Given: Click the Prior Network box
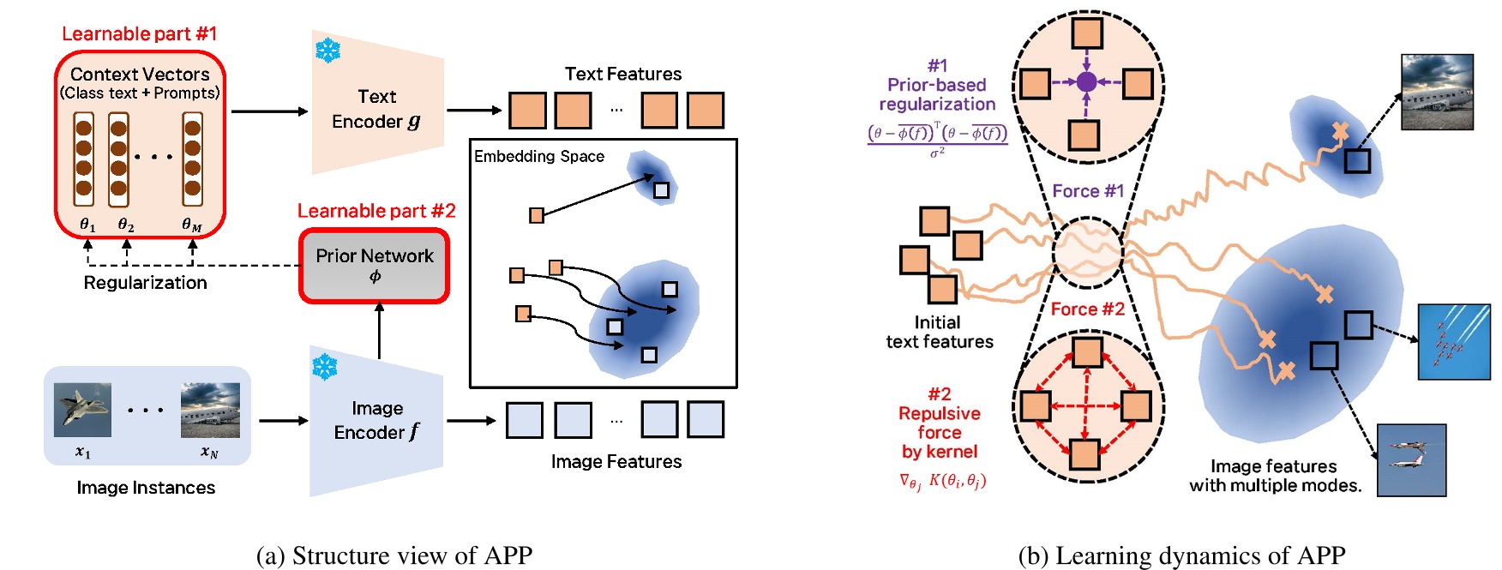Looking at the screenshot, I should click(x=375, y=265).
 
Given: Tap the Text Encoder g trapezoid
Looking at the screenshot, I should click(x=377, y=108).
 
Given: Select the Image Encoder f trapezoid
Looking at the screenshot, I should click(x=377, y=420).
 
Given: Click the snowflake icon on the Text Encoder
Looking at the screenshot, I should click(x=327, y=51).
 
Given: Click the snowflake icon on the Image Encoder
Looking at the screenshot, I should click(x=324, y=368).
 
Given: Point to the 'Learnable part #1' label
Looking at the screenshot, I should click(x=140, y=33).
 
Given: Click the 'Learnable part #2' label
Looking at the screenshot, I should click(x=376, y=211).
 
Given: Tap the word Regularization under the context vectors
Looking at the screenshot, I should click(x=145, y=283).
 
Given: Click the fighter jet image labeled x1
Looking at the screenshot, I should click(x=82, y=410).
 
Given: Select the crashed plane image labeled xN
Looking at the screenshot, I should click(x=210, y=410).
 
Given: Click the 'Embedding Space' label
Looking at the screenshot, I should click(x=539, y=156).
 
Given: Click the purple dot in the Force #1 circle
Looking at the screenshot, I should click(x=1086, y=82).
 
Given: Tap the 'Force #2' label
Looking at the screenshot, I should click(x=1087, y=309).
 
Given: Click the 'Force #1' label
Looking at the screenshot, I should click(x=1087, y=191).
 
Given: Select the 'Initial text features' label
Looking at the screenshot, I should click(x=939, y=333).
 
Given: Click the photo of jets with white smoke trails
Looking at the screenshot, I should click(x=1453, y=341).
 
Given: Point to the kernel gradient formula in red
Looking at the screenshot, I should click(x=942, y=482).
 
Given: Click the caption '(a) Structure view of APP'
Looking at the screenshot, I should click(x=394, y=555).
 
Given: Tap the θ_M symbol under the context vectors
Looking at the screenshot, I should click(x=192, y=225).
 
